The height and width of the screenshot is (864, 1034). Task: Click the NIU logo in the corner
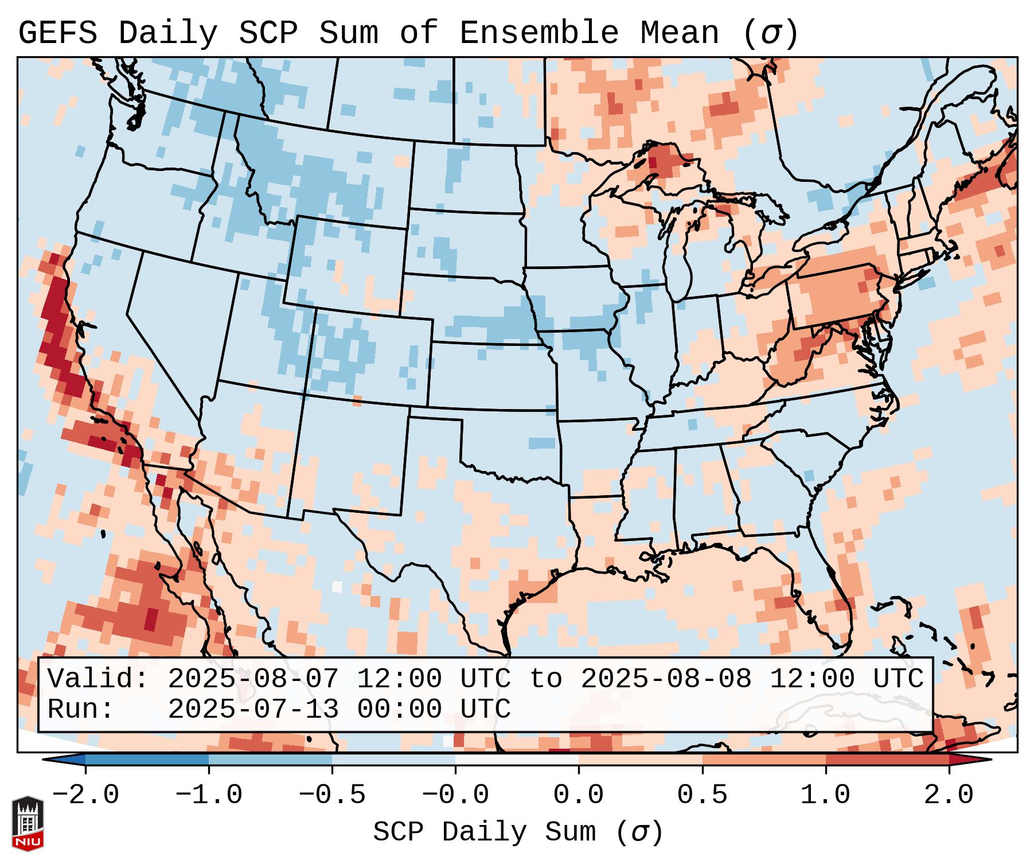point(28,823)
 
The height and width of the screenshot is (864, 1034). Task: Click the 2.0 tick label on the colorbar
point(949,795)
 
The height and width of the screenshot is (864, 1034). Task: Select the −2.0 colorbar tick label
point(85,795)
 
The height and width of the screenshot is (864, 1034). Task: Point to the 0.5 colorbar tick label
point(702,795)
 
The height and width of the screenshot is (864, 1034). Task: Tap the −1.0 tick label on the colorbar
point(209,795)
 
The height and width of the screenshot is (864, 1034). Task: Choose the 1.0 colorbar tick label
point(825,795)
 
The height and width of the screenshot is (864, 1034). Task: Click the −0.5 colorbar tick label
point(332,795)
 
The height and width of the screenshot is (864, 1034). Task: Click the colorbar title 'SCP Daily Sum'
point(518,832)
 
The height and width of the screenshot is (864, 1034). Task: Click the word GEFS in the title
point(57,33)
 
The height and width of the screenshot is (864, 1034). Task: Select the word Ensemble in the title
point(539,33)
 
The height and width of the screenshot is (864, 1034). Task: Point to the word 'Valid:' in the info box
point(98,679)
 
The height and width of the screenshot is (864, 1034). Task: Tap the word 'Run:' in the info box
point(81,709)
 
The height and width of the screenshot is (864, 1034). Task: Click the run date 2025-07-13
point(253,709)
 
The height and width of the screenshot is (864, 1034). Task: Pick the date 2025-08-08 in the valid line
point(666,679)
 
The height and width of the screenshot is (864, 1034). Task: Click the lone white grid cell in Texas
point(337,586)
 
